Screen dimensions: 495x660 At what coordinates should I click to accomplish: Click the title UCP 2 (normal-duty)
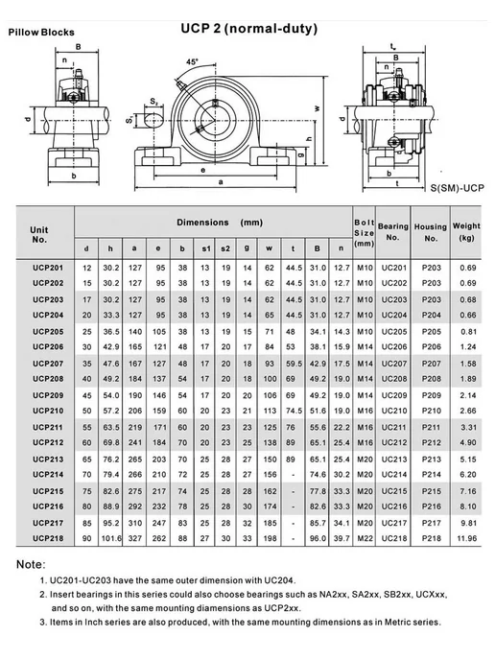tap(249, 29)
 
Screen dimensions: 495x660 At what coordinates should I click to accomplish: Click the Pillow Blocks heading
tap(41, 33)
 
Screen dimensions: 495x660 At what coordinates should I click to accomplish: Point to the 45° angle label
tap(193, 61)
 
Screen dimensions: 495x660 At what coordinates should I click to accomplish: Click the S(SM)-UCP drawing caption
tap(458, 188)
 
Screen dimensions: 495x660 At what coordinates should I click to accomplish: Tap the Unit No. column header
tap(38, 235)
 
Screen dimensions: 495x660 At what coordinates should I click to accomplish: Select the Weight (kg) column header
tap(466, 231)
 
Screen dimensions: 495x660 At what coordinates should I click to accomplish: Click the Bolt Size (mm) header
tap(365, 233)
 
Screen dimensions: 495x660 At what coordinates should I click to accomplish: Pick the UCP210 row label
tap(48, 411)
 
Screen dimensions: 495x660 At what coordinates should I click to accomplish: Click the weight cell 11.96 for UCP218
tap(467, 538)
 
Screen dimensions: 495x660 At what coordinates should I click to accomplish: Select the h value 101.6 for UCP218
tap(111, 538)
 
